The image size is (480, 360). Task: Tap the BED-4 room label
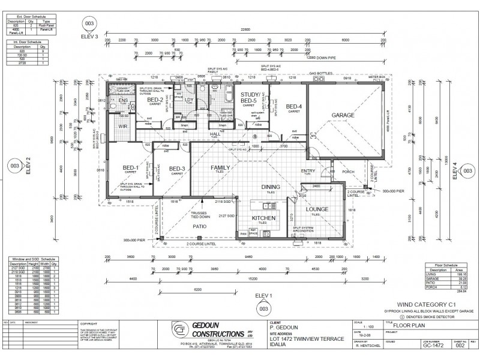(293, 106)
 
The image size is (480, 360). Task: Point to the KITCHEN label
(263, 218)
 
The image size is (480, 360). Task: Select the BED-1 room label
(130, 167)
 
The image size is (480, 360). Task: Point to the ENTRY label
(308, 171)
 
